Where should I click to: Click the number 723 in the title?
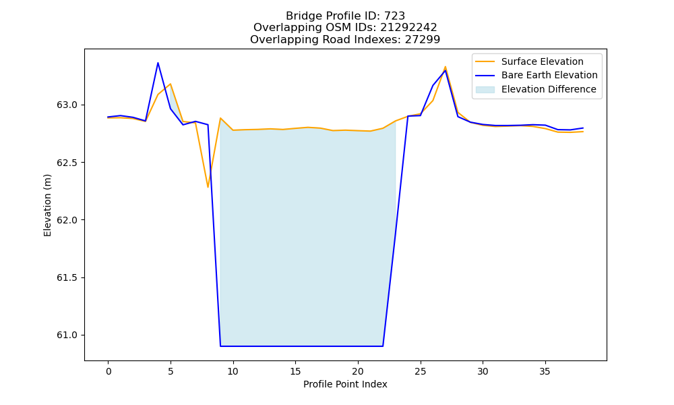click(394, 16)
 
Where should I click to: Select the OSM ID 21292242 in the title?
click(408, 28)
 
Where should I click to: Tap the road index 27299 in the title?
click(423, 40)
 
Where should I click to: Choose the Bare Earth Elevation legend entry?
click(537, 76)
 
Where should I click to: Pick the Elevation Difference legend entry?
click(536, 89)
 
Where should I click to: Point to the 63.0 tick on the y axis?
click(67, 105)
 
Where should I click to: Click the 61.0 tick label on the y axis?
click(67, 335)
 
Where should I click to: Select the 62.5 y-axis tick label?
click(67, 163)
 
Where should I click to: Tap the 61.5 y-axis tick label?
click(67, 277)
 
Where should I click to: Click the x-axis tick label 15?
click(295, 371)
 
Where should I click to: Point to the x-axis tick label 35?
click(545, 371)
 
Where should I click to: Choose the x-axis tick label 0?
click(109, 371)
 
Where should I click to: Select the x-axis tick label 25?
click(421, 371)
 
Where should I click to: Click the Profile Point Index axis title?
click(345, 384)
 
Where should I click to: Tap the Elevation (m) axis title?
click(47, 205)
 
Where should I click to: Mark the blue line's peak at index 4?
click(158, 63)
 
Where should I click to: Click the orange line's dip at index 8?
click(208, 187)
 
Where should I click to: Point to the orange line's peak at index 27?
click(446, 67)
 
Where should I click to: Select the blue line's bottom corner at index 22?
click(383, 346)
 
